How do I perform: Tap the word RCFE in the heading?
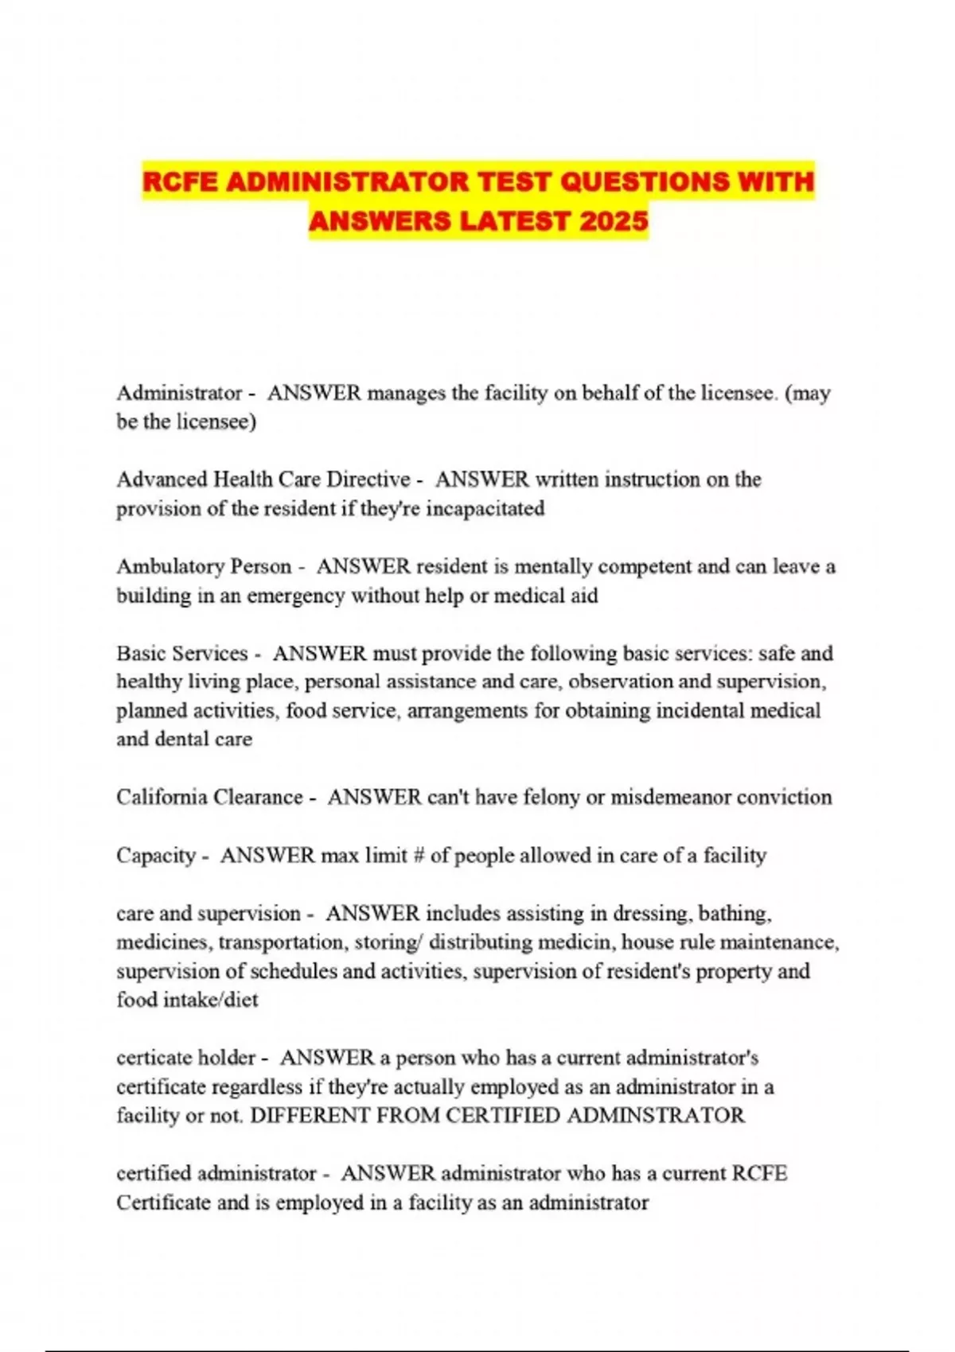coord(180,181)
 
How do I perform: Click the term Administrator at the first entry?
coord(179,393)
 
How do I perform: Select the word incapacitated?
coord(485,508)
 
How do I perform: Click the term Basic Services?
coord(182,654)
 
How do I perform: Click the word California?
coord(169,797)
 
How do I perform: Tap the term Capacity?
coord(156,856)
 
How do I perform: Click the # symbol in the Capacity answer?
coord(419,856)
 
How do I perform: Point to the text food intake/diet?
coord(187,1000)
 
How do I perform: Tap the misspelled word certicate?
coord(154,1058)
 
